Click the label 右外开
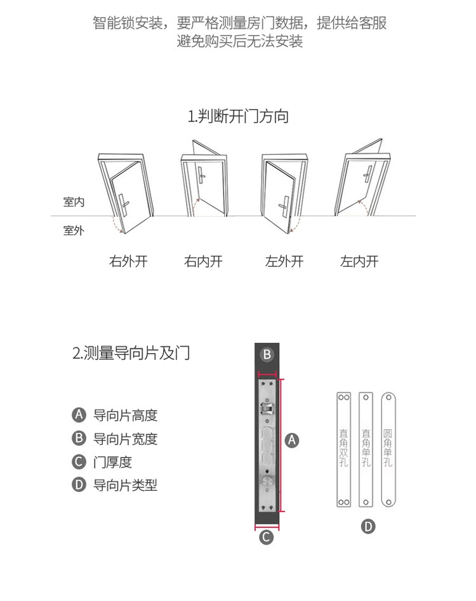click(128, 261)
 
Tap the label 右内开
click(203, 261)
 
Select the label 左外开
click(284, 261)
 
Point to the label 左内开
click(359, 261)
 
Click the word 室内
click(74, 202)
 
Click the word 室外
click(74, 231)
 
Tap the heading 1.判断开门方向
click(238, 117)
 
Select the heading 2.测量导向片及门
click(131, 353)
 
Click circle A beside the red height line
click(292, 439)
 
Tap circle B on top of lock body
click(267, 354)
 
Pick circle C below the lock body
click(267, 537)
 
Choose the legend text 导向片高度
click(125, 415)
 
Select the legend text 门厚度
click(112, 462)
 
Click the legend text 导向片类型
click(125, 486)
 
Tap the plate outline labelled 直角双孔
click(343, 449)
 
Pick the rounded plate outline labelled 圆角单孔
click(388, 449)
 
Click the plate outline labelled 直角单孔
click(366, 449)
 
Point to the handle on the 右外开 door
click(125, 204)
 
